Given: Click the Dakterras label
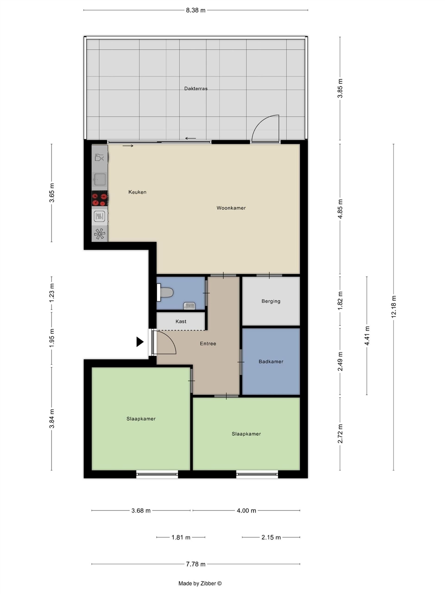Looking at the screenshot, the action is pyautogui.click(x=196, y=88).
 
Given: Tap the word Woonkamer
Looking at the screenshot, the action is pyautogui.click(x=231, y=208).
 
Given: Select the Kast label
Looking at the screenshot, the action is pyautogui.click(x=181, y=321).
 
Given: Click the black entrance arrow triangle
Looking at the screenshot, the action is pyautogui.click(x=140, y=342).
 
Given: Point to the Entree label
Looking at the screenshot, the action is pyautogui.click(x=208, y=343).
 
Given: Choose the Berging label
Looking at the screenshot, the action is pyautogui.click(x=271, y=301).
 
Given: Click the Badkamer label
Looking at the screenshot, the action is pyautogui.click(x=271, y=362).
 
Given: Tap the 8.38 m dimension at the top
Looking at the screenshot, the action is pyautogui.click(x=196, y=10).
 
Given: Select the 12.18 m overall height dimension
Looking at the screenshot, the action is pyautogui.click(x=394, y=307).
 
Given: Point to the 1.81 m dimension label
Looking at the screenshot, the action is pyautogui.click(x=181, y=537).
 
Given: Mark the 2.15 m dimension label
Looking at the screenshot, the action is pyautogui.click(x=271, y=537).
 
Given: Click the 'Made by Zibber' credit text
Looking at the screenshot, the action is pyautogui.click(x=200, y=583).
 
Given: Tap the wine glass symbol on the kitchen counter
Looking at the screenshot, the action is pyautogui.click(x=99, y=157).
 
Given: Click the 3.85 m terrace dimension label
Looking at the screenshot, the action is pyautogui.click(x=340, y=88).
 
